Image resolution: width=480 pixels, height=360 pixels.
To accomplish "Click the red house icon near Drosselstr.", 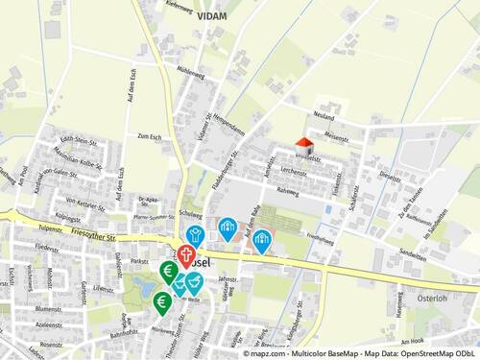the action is point(304,143).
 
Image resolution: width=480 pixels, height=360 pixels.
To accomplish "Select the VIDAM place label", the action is point(212,17).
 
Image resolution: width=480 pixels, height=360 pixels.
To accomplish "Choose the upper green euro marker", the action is point(169,271).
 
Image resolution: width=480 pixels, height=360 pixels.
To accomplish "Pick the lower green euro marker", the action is point(161,303).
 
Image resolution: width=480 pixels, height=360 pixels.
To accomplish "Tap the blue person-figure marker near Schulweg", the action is point(194,233).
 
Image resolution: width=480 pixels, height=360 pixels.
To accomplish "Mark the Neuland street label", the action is point(323,115).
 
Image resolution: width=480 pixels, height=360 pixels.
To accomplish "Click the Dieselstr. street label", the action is point(389,177).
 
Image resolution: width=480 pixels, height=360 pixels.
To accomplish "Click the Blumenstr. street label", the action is point(48,309).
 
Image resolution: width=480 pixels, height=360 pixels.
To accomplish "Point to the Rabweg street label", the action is point(287,191).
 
